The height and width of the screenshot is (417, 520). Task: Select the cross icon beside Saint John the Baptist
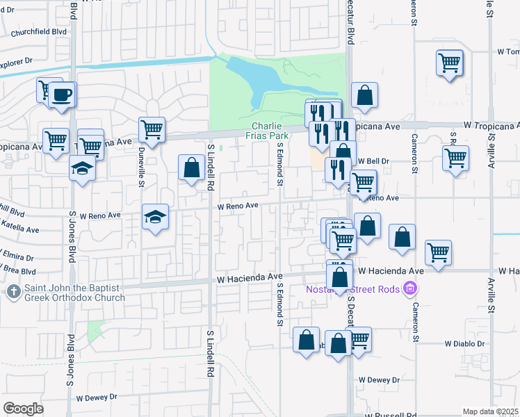(x=13, y=293)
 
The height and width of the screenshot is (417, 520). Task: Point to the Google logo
(x=23, y=409)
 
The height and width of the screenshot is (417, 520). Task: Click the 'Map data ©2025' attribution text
(x=490, y=411)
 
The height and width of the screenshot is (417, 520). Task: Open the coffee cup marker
(x=62, y=94)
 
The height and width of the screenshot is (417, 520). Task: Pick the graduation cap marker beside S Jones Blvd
(x=83, y=169)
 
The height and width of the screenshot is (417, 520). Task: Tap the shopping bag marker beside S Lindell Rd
(x=191, y=169)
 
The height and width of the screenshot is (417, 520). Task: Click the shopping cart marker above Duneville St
(x=152, y=129)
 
